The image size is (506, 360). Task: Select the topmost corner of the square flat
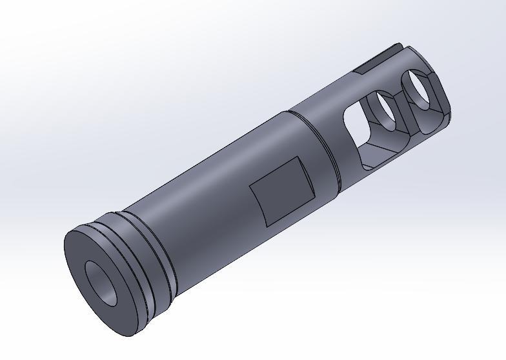pos(296,157)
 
